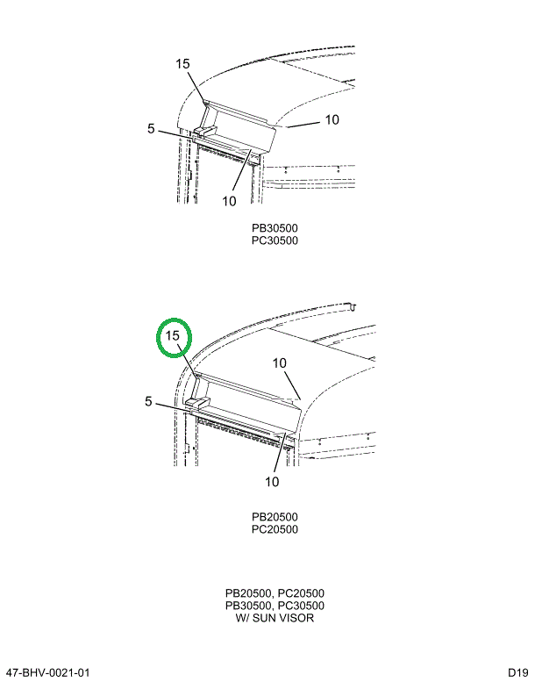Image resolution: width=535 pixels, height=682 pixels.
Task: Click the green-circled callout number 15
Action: coord(173,336)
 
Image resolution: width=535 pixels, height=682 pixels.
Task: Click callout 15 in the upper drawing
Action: coord(182,63)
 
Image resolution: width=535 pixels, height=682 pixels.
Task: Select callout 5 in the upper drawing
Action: coord(151,128)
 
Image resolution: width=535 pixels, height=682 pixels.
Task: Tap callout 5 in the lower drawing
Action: coord(148,401)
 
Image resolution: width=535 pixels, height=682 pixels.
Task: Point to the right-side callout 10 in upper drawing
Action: coord(332,120)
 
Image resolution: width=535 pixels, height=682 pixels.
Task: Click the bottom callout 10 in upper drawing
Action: coord(229,200)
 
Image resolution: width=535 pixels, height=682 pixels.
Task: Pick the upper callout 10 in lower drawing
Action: coord(279,363)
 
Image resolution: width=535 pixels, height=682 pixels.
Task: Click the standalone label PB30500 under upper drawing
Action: coord(275,228)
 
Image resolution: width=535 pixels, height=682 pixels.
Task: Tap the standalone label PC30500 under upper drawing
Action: coord(275,240)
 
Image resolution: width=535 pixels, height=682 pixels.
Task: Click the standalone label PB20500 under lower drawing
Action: coord(275,517)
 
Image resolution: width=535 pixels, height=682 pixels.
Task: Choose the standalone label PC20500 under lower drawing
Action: coord(275,529)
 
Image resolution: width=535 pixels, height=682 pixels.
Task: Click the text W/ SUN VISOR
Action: coord(275,618)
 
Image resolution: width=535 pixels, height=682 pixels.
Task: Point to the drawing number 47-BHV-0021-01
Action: coord(48,672)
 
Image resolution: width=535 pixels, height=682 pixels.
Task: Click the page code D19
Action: coord(517,672)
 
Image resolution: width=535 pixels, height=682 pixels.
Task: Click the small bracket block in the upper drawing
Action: coord(204,131)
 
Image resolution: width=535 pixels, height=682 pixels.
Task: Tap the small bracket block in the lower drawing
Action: coord(198,403)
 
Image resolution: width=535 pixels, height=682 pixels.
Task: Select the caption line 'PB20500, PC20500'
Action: coord(275,593)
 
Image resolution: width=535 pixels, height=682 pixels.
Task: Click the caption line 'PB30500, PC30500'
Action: coord(275,606)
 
